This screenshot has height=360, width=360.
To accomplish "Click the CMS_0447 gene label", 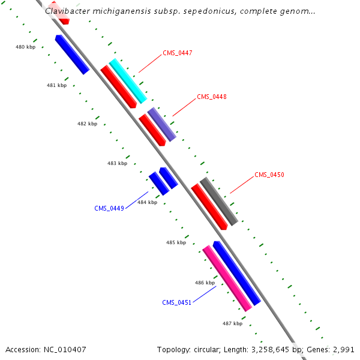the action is click(x=177, y=53).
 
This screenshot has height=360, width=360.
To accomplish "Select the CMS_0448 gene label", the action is click(x=211, y=97).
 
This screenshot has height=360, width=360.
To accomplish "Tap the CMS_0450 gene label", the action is click(x=269, y=175).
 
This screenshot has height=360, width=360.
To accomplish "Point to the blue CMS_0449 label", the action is click(x=109, y=209).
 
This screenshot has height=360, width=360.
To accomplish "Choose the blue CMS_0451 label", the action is click(x=176, y=302).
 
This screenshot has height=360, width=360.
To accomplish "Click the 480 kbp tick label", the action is click(x=25, y=47).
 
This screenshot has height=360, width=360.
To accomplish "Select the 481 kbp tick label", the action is click(x=56, y=86).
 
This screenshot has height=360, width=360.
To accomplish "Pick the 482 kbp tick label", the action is click(x=87, y=124).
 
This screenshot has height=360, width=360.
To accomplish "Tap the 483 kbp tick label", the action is click(x=117, y=163).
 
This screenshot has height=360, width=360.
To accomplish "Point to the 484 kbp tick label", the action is click(x=147, y=203).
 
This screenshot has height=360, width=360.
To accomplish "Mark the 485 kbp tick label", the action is click(x=176, y=242).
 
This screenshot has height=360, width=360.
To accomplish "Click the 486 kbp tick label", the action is click(x=205, y=283).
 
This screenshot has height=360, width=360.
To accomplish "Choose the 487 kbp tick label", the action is click(x=232, y=324).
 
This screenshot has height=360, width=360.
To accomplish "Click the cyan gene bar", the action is click(x=128, y=81).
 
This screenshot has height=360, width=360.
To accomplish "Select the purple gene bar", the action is click(x=162, y=124).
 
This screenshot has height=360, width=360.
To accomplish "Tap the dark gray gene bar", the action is click(x=219, y=201).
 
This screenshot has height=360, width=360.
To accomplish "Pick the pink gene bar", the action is click(x=227, y=278).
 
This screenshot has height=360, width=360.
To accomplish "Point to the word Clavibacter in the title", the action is click(x=68, y=11).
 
